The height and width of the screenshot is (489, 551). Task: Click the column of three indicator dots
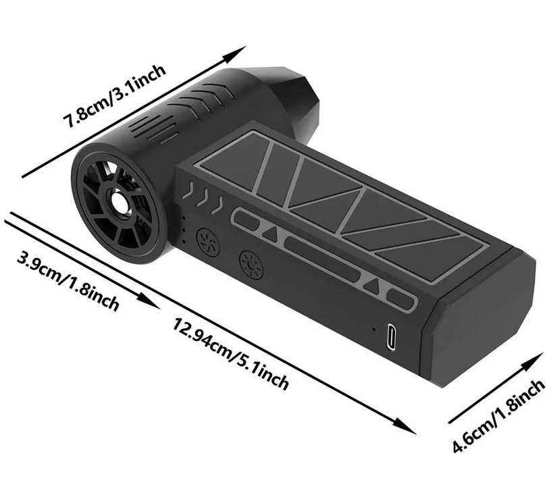184,226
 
